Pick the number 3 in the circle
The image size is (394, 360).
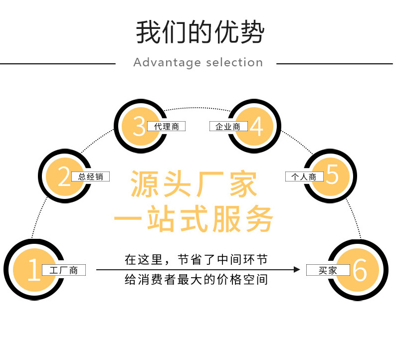(139, 126)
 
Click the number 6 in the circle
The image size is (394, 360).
(360, 270)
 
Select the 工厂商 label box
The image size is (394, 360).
(64, 270)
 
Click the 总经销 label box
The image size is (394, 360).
(90, 177)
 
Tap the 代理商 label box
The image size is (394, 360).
(167, 127)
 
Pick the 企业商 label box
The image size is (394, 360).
(228, 127)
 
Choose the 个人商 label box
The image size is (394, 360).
(304, 177)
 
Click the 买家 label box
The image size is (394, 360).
(328, 270)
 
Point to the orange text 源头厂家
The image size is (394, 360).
(195, 184)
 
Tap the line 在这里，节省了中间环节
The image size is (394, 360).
(196, 259)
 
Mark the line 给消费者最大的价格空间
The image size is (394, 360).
(196, 280)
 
